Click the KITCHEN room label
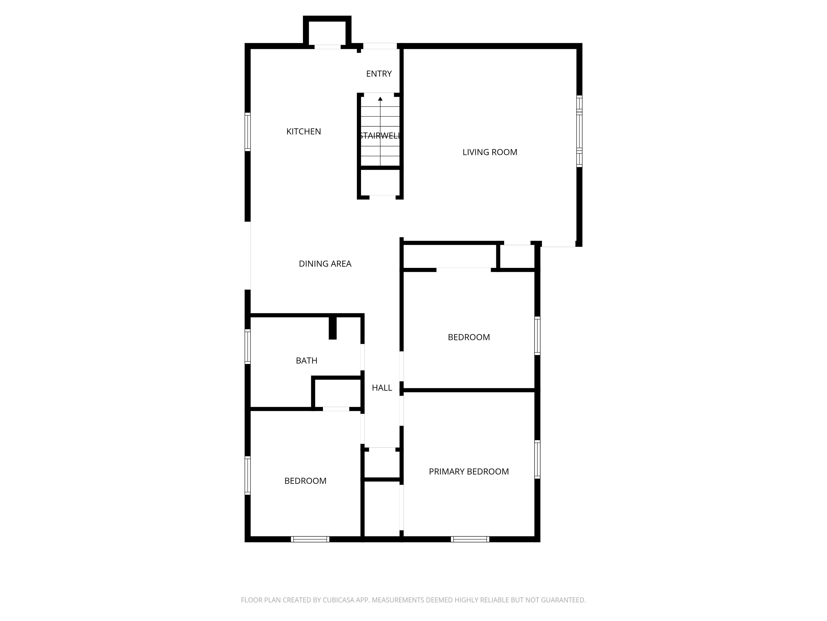(x=304, y=131)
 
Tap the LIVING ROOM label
(x=490, y=152)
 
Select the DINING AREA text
(x=325, y=264)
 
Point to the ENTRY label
(x=379, y=74)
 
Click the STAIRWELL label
(x=380, y=136)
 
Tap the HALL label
(x=382, y=388)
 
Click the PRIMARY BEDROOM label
(x=469, y=472)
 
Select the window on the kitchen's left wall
(x=247, y=132)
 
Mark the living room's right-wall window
(x=579, y=131)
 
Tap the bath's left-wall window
(x=247, y=346)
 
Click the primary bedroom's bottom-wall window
(x=470, y=539)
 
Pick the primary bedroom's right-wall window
(x=537, y=459)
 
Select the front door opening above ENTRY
(x=380, y=46)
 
